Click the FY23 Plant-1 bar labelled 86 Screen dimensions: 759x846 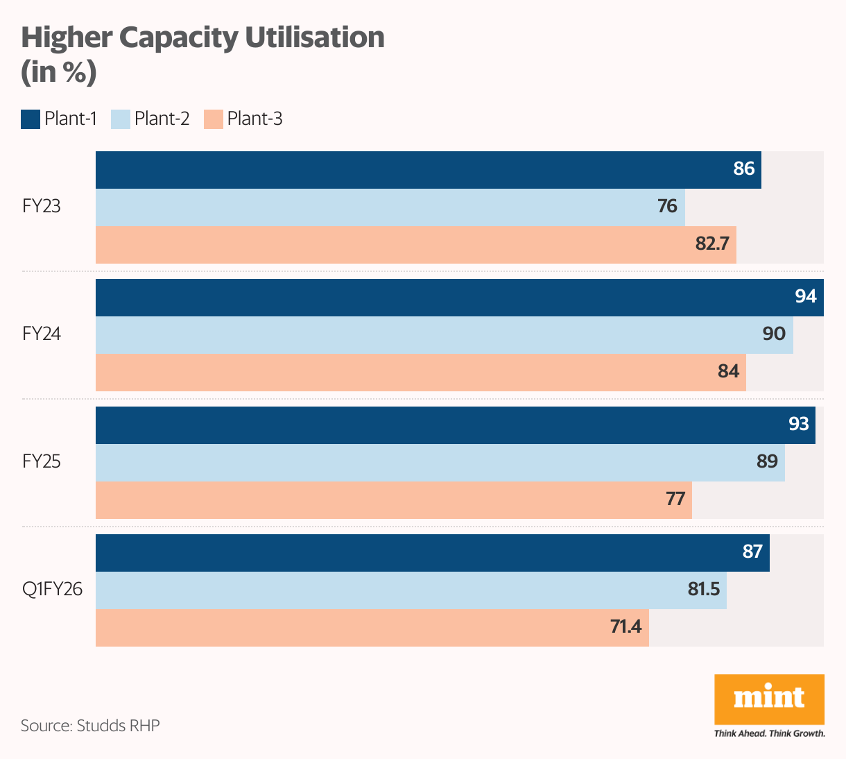(x=428, y=170)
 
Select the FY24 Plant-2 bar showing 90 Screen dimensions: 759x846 (x=444, y=335)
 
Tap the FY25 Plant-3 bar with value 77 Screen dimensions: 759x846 (x=393, y=500)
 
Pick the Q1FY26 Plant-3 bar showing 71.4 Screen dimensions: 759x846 (x=372, y=628)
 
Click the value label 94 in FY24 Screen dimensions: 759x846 (x=805, y=297)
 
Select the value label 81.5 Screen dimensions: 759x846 (x=703, y=590)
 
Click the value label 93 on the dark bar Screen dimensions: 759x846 (x=798, y=424)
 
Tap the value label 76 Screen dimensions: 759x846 (x=667, y=207)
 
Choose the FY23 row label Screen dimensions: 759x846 (x=42, y=207)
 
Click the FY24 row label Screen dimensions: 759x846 (x=42, y=334)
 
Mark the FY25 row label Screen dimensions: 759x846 (x=42, y=462)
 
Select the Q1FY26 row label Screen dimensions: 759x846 (x=52, y=590)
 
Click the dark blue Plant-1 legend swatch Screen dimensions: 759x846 (x=31, y=119)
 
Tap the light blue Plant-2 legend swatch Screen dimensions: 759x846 (x=121, y=119)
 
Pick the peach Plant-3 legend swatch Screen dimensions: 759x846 (x=214, y=119)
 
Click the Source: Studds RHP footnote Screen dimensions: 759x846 (x=90, y=726)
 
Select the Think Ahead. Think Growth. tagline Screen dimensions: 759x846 (x=769, y=733)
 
